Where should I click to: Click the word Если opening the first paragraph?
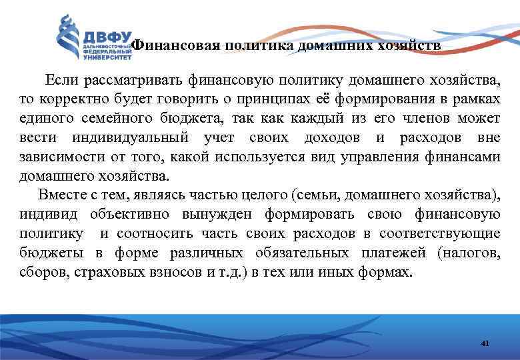point(62,81)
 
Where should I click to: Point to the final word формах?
point(388,272)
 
